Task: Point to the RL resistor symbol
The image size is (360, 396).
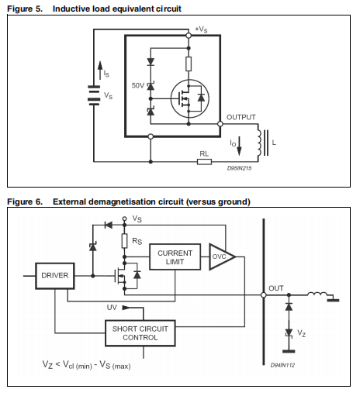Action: tap(204, 162)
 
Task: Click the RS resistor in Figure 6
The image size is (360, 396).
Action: tap(125, 241)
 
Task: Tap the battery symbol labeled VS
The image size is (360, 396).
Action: tap(94, 95)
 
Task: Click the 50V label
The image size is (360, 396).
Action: tap(137, 85)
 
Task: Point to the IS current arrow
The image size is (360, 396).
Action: tap(100, 71)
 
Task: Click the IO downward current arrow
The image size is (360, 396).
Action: tap(239, 146)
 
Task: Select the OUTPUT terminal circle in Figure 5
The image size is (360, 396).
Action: tap(220, 124)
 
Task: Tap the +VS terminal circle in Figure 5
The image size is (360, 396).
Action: tap(189, 36)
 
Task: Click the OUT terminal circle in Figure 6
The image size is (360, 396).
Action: tap(264, 295)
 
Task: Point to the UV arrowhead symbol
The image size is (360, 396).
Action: tap(126, 308)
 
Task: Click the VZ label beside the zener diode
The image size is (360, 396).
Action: tap(302, 333)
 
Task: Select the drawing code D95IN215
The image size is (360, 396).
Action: tap(239, 168)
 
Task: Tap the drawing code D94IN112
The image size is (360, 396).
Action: tap(282, 365)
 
